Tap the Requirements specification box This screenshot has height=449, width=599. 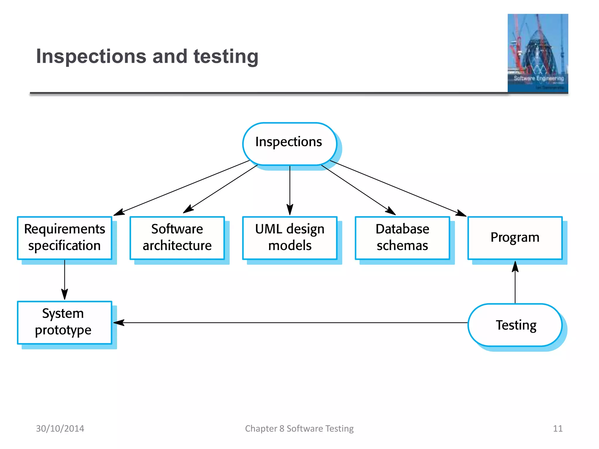pyautogui.click(x=65, y=238)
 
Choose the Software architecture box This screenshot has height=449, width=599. pyautogui.click(x=177, y=238)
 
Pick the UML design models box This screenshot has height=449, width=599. pyautogui.click(x=290, y=238)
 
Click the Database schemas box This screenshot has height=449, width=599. pyautogui.click(x=402, y=238)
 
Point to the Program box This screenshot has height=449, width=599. pyautogui.click(x=515, y=238)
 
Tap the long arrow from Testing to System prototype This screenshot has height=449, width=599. pyautogui.click(x=292, y=323)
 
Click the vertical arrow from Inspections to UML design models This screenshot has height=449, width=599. pyautogui.click(x=290, y=190)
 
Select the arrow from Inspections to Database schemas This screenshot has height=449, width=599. pyautogui.click(x=358, y=190)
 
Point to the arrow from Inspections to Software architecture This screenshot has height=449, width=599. pyautogui.click(x=221, y=189)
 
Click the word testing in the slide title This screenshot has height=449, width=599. pyautogui.click(x=226, y=56)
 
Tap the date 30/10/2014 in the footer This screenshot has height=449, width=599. pyautogui.click(x=60, y=428)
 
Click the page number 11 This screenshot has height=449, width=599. pyautogui.click(x=557, y=428)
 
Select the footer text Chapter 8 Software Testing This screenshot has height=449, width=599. pyautogui.click(x=299, y=428)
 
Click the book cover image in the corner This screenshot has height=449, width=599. pyautogui.click(x=538, y=53)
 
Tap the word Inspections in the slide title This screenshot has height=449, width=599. pyautogui.click(x=91, y=56)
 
